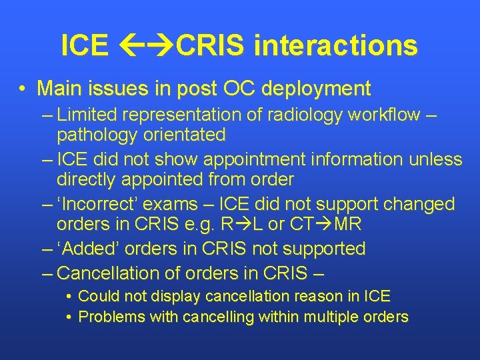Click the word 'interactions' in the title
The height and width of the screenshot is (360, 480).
(336, 45)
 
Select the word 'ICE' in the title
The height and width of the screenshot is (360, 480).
(84, 45)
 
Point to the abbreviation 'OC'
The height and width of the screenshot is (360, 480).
(238, 88)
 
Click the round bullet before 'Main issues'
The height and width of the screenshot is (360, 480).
(23, 89)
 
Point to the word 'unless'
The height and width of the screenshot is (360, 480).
(437, 159)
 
